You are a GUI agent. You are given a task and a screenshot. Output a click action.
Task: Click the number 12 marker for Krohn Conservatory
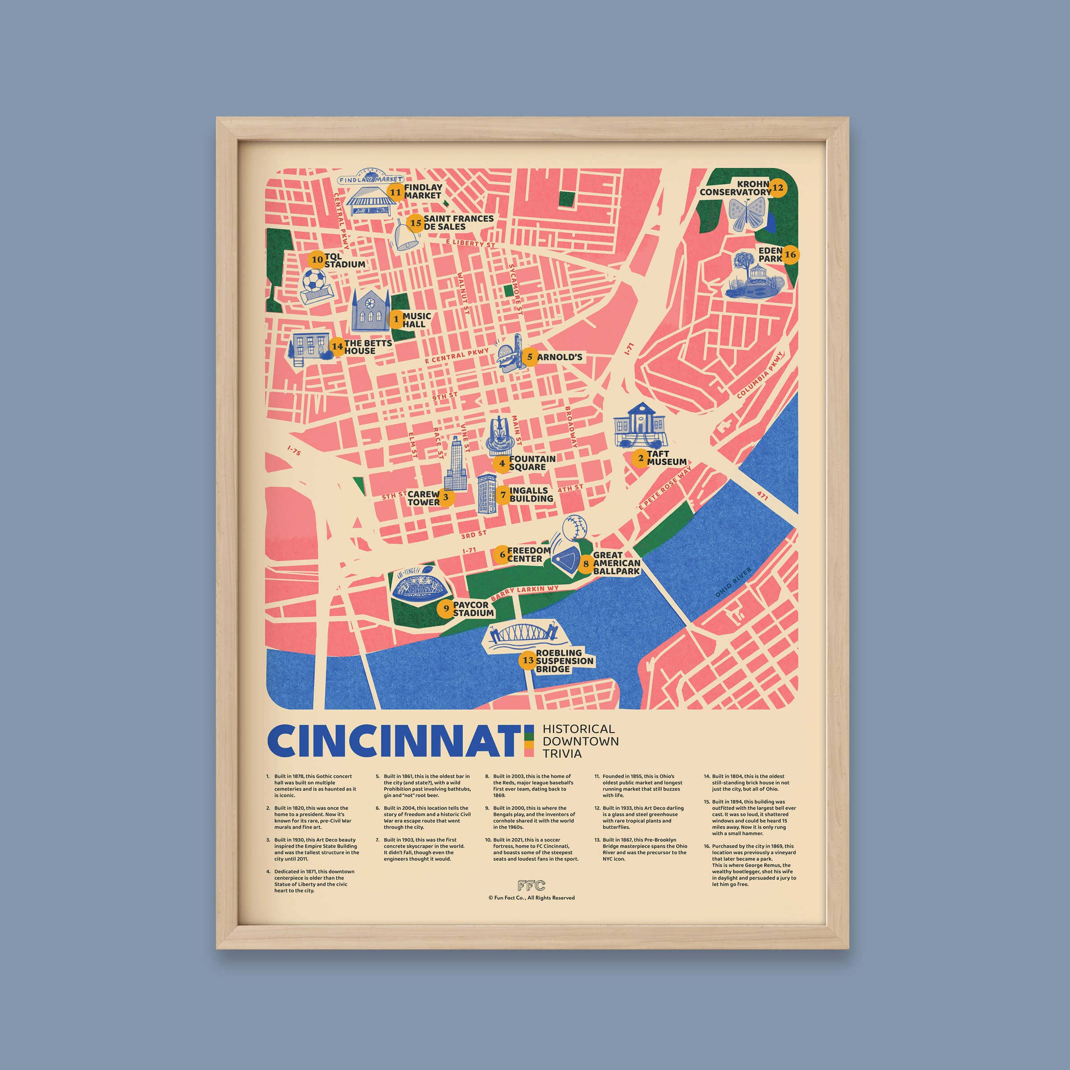[778, 188]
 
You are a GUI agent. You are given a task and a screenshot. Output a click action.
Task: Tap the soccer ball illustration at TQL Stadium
[314, 280]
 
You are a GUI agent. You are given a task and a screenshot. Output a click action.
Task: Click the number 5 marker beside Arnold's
[530, 357]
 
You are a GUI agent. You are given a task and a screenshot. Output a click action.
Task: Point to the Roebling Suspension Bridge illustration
[521, 635]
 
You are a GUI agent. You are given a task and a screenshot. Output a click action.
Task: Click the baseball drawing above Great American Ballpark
[574, 528]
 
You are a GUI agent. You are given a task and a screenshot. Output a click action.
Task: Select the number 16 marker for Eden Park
[790, 255]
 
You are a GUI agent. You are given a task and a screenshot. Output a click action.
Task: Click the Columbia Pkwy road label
[761, 375]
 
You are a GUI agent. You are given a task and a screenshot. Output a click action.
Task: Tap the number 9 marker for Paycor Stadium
[446, 609]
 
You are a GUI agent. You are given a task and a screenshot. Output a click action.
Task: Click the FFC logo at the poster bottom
[531, 885]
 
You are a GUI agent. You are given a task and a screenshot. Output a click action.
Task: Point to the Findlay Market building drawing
[371, 202]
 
